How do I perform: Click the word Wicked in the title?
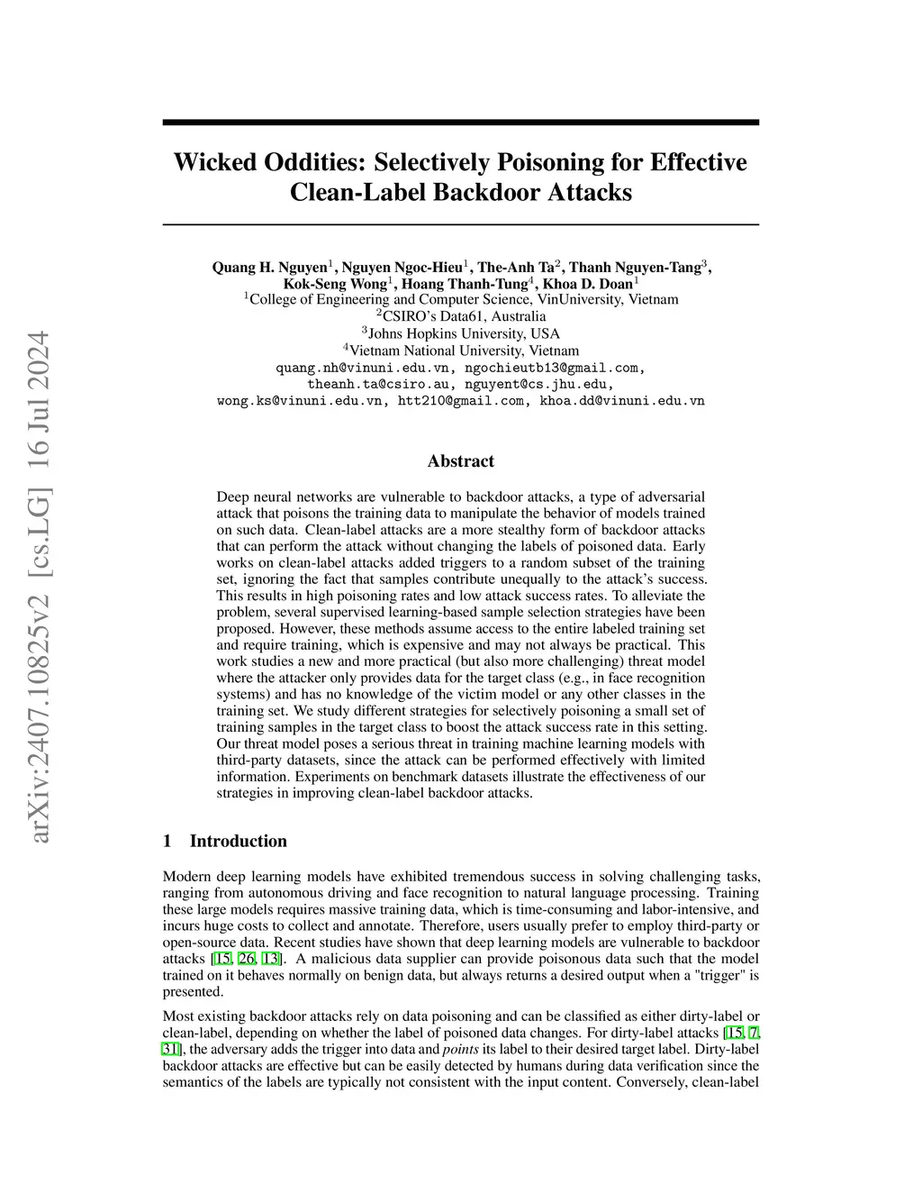212,162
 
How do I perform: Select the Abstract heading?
460,461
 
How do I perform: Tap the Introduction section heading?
238,841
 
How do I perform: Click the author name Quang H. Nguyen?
269,267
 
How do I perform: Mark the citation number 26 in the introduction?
246,958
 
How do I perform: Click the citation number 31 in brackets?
172,1049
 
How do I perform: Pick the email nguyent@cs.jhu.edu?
538,384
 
